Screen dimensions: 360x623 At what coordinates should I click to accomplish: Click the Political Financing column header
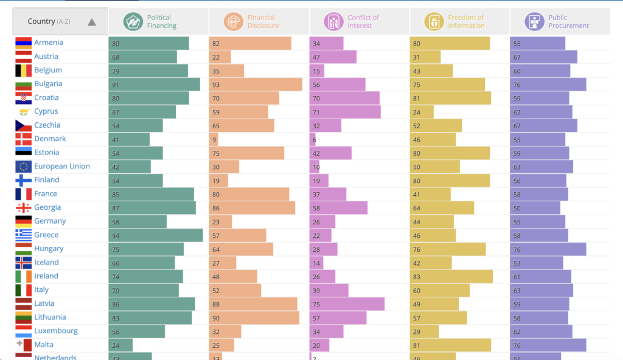159,22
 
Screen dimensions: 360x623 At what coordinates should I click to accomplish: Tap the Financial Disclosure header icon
233,22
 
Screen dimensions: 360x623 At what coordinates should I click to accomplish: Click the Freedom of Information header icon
434,22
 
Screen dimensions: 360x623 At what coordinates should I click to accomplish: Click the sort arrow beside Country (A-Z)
92,22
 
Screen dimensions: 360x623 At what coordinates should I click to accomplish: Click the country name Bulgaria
48,84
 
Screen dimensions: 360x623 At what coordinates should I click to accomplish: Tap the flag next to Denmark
24,139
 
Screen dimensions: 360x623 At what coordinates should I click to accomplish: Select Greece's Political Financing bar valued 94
156,235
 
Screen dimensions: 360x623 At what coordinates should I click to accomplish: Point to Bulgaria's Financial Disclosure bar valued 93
256,84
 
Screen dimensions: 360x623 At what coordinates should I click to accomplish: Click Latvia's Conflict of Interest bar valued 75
347,303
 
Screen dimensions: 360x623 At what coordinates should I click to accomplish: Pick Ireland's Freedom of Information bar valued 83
451,276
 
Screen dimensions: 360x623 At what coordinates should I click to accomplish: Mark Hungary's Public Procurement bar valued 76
548,249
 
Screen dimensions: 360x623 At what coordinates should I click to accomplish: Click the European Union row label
61,166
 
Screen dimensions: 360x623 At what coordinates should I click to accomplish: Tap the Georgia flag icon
24,207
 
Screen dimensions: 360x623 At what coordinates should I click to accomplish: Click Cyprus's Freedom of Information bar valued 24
422,111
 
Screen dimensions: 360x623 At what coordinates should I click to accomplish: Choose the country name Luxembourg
56,331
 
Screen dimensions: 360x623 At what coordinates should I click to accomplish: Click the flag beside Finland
24,180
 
